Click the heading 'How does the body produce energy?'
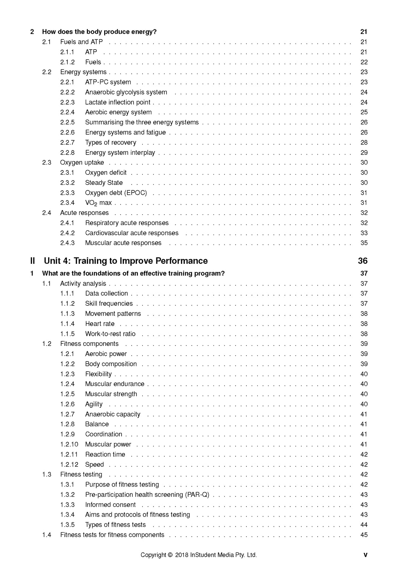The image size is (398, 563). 99,32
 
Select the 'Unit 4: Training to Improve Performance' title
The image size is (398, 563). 126,261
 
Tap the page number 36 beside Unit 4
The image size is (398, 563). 363,261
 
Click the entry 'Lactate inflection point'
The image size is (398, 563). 118,102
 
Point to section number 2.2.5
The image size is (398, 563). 67,122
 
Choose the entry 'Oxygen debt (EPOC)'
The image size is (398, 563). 116,193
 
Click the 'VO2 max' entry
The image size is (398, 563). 98,203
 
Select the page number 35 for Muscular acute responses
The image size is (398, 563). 364,243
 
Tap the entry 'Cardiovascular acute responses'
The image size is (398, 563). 132,233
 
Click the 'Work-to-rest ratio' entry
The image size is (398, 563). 110,334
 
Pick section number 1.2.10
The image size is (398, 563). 69,444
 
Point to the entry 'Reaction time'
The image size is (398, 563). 105,454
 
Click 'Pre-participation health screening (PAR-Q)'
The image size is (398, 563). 147,495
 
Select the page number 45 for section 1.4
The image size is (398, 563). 364,535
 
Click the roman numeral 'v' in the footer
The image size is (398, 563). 365,555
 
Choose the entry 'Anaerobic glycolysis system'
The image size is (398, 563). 126,92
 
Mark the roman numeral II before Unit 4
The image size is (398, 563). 33,261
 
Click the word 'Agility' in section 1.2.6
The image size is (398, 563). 94,404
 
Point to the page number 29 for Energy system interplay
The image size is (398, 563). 364,153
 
